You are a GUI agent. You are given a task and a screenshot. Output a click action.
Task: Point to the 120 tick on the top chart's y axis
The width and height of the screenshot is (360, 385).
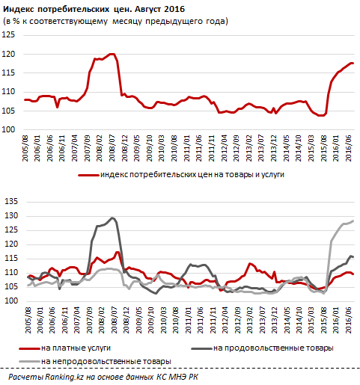click(x=10, y=55)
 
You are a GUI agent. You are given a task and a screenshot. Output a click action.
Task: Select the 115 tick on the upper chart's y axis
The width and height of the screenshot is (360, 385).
click(x=10, y=73)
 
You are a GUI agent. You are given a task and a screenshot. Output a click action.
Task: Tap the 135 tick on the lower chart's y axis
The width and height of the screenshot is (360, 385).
click(x=10, y=202)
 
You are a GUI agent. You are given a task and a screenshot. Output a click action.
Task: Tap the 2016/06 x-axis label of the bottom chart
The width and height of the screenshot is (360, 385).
click(x=349, y=321)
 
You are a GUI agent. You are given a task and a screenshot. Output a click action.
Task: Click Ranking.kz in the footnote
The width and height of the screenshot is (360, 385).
click(x=59, y=378)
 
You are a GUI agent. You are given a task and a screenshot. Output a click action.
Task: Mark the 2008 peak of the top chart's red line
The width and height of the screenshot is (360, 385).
click(x=111, y=54)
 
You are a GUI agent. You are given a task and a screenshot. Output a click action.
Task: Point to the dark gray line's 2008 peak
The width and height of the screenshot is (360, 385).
click(x=112, y=218)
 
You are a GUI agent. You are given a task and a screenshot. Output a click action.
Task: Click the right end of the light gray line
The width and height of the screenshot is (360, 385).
click(x=353, y=221)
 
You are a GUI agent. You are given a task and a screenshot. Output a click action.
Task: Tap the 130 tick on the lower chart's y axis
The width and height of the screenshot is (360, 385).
click(x=10, y=216)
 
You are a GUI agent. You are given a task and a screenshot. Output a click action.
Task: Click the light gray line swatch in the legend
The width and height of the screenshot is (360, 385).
click(x=33, y=361)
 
